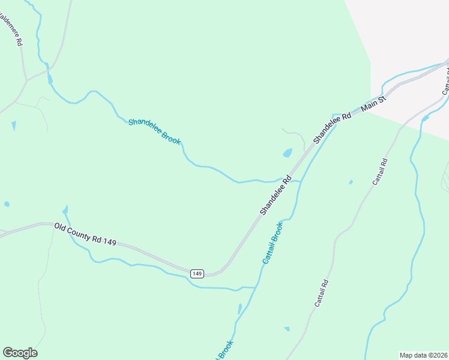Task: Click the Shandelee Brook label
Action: (154, 131)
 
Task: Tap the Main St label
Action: (372, 105)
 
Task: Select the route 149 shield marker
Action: (197, 273)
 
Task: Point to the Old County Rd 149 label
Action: (85, 233)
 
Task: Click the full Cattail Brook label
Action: (273, 243)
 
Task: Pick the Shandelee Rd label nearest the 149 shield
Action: (276, 195)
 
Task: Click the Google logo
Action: (20, 353)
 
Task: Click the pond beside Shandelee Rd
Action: (288, 153)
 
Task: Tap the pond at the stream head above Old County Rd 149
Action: (65, 210)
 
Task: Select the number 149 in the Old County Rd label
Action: (109, 241)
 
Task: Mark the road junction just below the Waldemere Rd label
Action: (26, 79)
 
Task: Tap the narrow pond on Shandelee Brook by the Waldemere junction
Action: (49, 78)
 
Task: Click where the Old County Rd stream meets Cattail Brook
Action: (256, 287)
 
